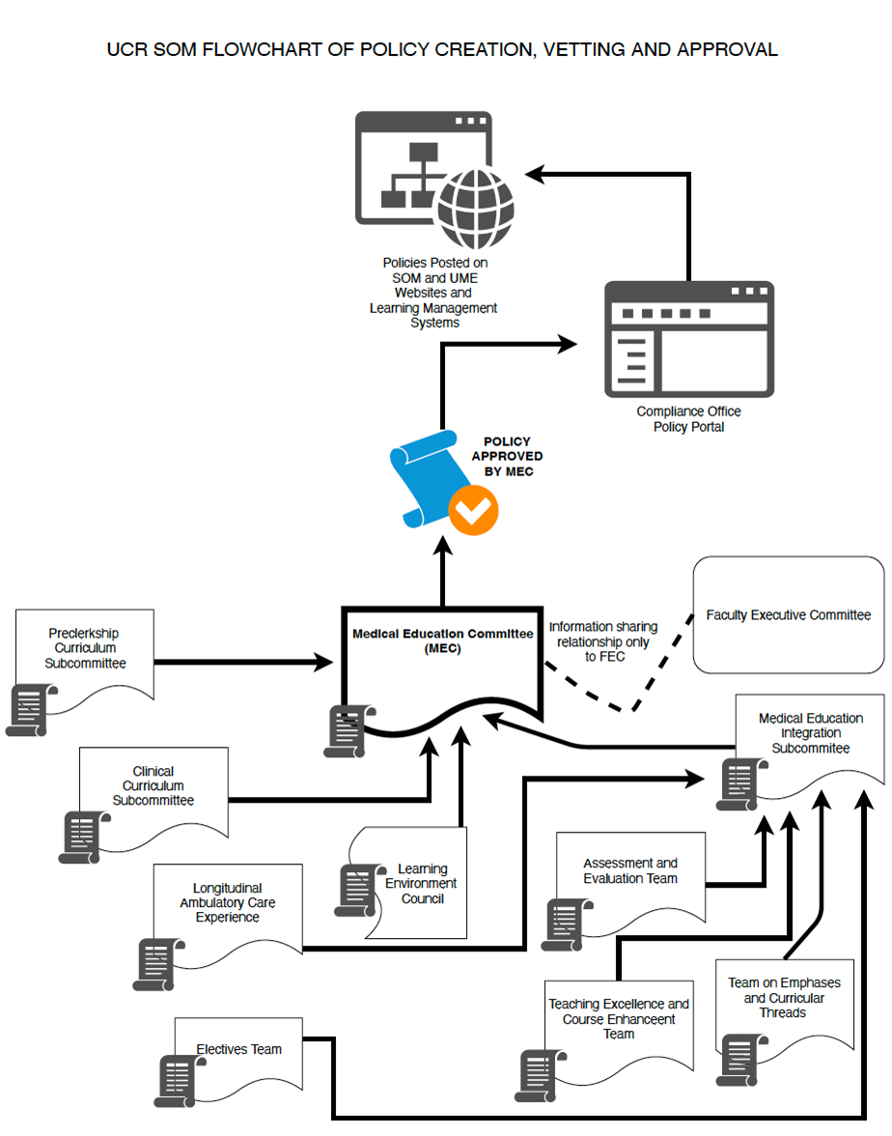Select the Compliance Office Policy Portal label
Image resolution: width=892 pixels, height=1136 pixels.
(x=688, y=419)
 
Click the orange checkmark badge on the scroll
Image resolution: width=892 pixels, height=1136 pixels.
(x=473, y=511)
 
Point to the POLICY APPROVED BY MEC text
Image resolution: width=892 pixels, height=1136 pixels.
(x=507, y=456)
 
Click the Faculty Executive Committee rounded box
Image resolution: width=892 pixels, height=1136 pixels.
(x=788, y=615)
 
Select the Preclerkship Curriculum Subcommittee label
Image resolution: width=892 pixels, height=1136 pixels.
(x=85, y=648)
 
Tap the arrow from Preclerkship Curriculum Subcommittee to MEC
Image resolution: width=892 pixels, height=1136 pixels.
(x=241, y=663)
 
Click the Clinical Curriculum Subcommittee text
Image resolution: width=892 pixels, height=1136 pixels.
(x=153, y=785)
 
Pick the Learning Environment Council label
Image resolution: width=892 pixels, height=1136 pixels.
(x=422, y=883)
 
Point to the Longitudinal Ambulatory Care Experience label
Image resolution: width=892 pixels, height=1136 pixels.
(x=227, y=902)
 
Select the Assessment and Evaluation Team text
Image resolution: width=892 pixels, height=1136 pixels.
(x=629, y=870)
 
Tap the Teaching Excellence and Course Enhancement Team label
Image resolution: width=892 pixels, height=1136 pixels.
(x=619, y=1018)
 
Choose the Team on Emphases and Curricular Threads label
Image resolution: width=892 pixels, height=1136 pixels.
(x=783, y=997)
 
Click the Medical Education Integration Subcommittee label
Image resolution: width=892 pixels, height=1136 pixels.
(x=810, y=733)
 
